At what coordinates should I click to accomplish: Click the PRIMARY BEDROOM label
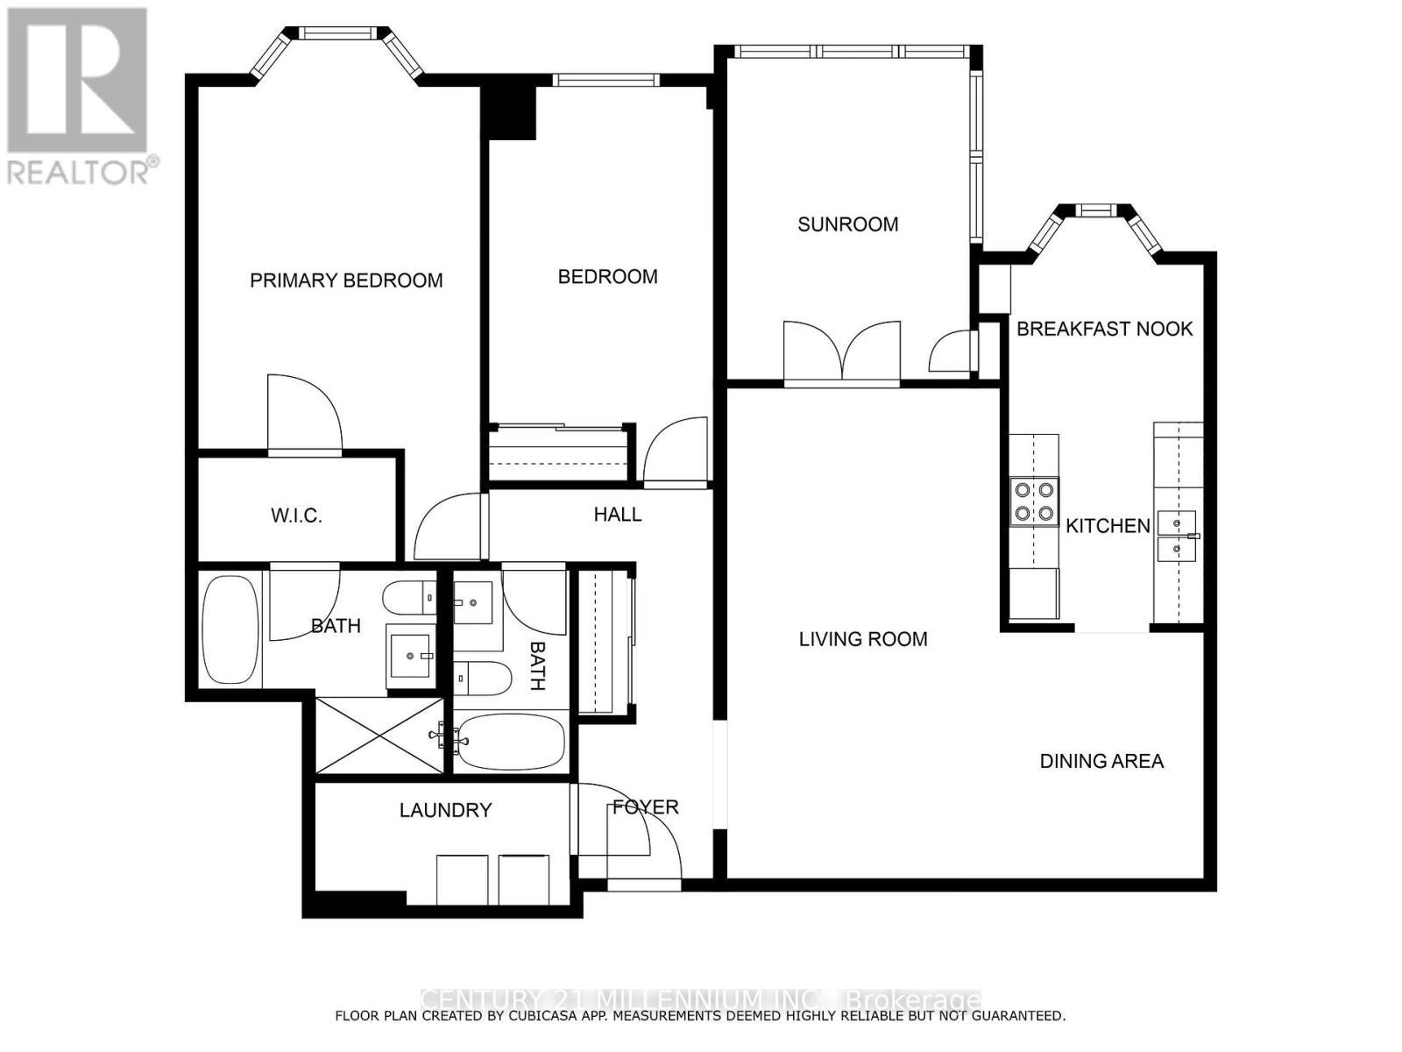click(346, 281)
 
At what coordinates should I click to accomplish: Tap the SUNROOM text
click(847, 224)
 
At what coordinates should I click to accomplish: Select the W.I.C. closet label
click(296, 515)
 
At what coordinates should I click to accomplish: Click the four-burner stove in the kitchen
click(1034, 501)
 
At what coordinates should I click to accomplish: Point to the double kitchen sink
click(1177, 537)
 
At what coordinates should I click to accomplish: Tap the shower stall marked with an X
click(380, 736)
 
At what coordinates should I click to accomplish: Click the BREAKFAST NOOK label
click(1104, 329)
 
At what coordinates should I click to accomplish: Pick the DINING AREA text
click(1101, 761)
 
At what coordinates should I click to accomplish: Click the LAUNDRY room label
click(445, 810)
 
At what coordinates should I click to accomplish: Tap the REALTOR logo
click(79, 96)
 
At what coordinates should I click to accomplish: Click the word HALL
click(617, 515)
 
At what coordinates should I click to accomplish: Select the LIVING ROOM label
click(863, 639)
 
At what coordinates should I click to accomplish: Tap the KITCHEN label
click(1108, 526)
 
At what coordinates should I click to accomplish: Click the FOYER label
click(645, 807)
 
